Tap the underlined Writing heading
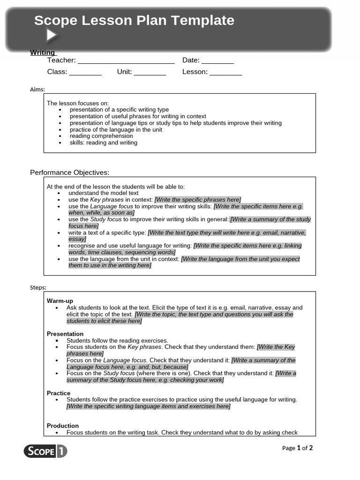pos(43,52)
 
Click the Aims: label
pos(37,90)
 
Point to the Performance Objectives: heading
pos(70,172)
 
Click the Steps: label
pos(38,287)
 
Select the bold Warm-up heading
pos(60,301)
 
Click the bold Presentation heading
pos(65,334)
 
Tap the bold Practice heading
pos(59,393)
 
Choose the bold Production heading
pos(63,426)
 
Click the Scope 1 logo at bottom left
pos(45,451)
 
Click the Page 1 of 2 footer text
pos(297,448)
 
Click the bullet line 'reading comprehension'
pos(101,136)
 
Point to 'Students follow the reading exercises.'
pos(117,340)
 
